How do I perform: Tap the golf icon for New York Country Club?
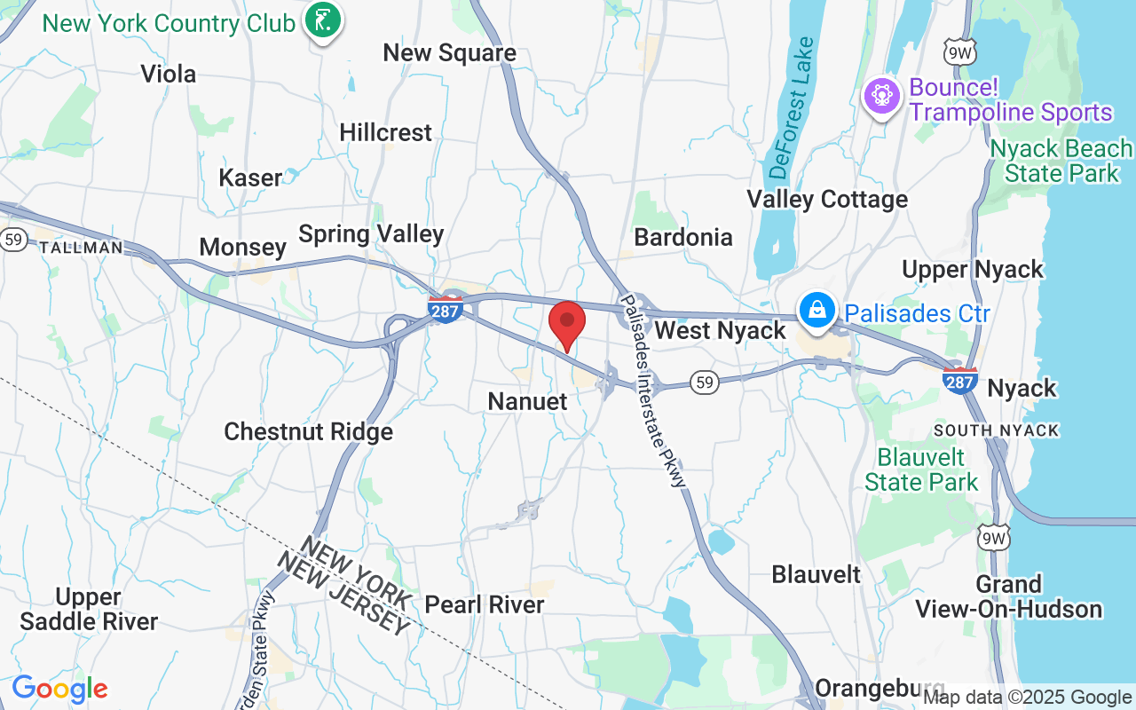(322, 22)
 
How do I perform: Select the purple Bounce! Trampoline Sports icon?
(881, 95)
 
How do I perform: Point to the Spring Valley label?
(371, 233)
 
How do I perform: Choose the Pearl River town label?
(485, 604)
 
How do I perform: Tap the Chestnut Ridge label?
(308, 432)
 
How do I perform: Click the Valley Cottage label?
(827, 199)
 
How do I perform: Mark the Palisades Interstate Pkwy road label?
(654, 390)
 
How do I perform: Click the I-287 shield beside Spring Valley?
(445, 309)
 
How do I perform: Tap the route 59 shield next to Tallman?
(13, 240)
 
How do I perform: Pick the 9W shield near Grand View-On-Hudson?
(993, 538)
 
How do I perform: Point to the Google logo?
(59, 689)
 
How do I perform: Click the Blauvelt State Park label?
(920, 470)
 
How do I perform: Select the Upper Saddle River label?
(89, 609)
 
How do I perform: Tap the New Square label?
(449, 53)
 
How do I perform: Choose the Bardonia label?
(683, 237)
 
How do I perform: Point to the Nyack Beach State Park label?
(1061, 160)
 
